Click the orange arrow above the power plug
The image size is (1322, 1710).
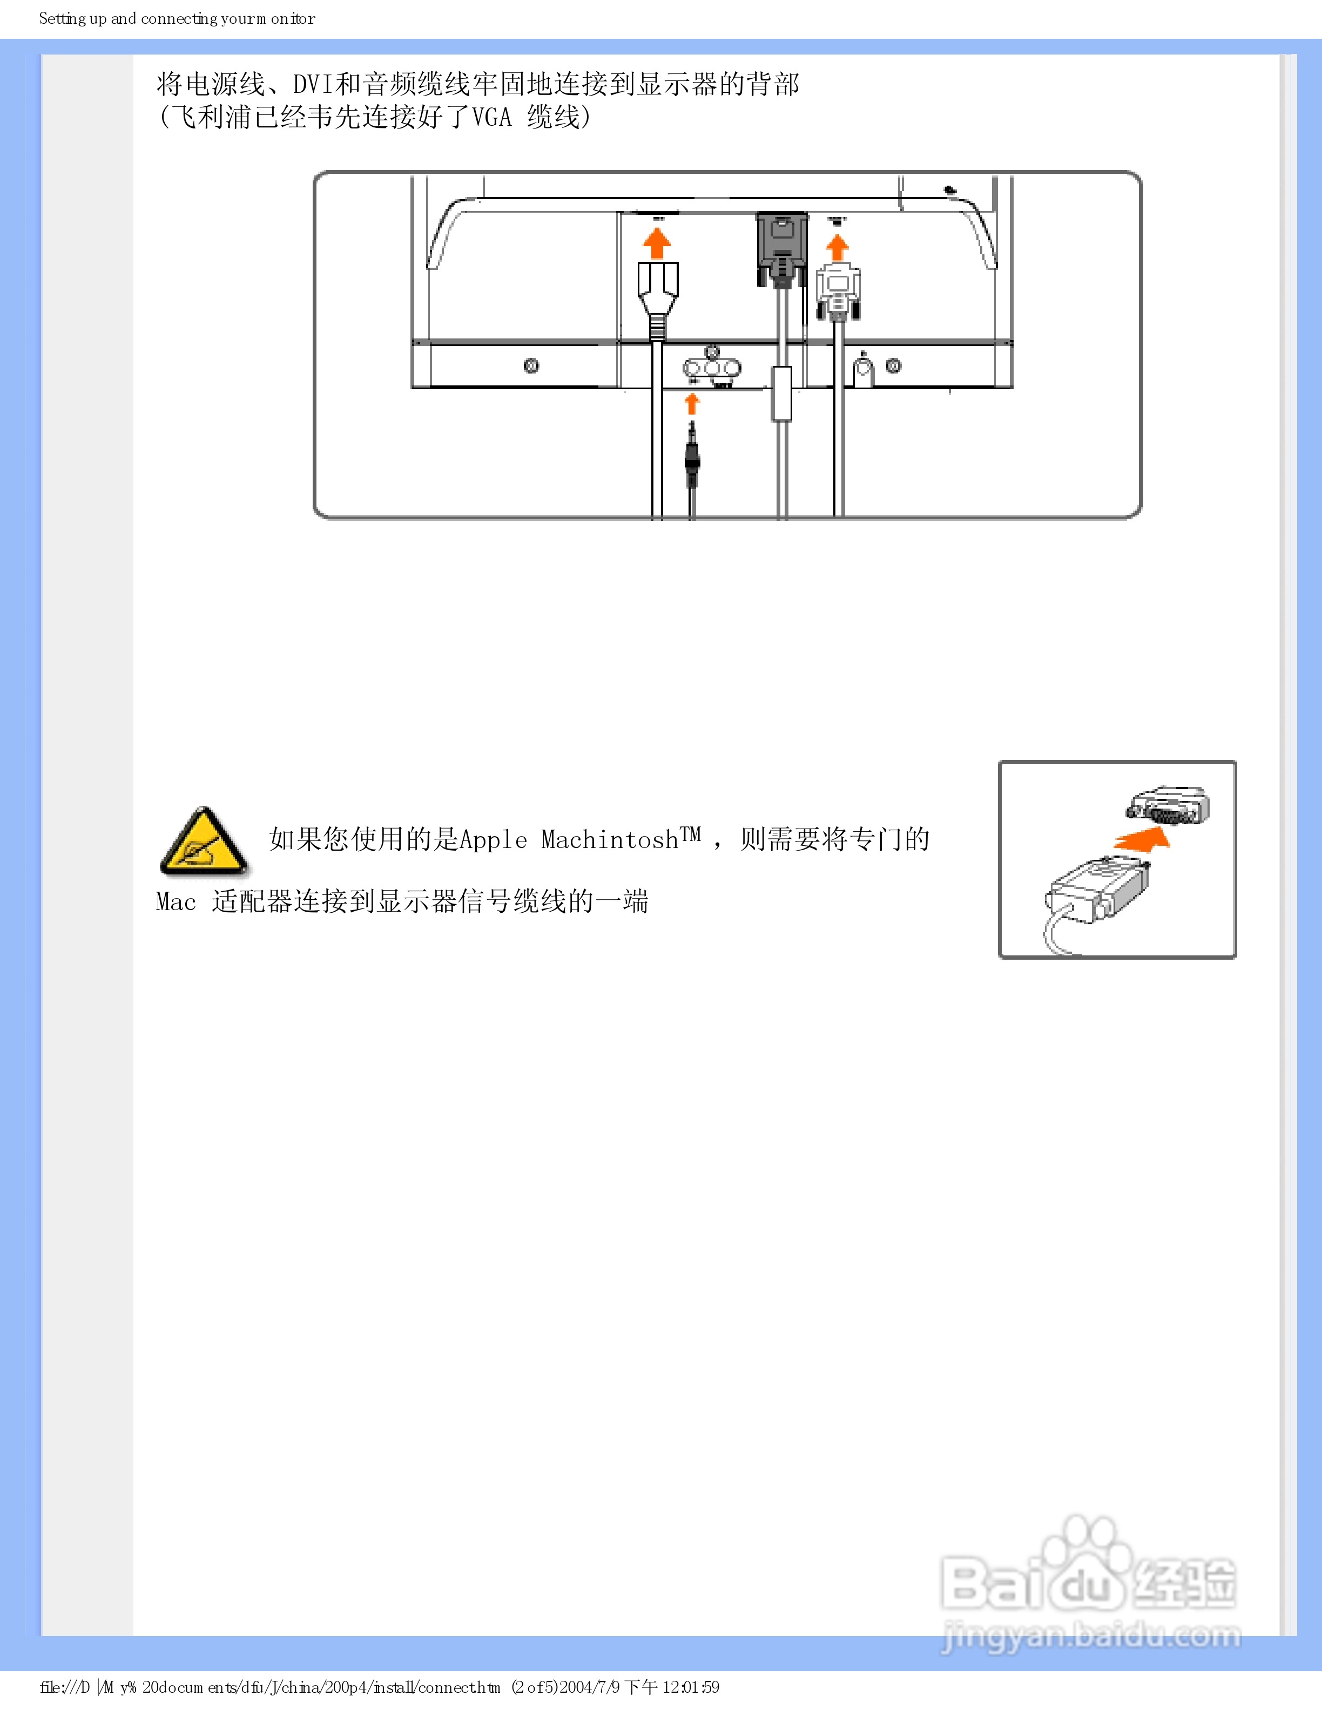[656, 243]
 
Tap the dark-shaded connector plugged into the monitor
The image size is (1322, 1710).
[781, 247]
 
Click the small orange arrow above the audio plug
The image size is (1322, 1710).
[692, 404]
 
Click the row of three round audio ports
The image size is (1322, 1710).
[711, 368]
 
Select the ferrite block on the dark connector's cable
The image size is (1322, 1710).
[781, 393]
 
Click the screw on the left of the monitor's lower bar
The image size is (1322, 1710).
[531, 365]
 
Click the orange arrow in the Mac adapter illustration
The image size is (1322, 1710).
[1143, 839]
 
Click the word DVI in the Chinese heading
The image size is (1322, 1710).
[313, 84]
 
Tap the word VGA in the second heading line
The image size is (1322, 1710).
[492, 118]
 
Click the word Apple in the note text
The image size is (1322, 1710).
[494, 839]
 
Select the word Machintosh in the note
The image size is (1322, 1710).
[610, 839]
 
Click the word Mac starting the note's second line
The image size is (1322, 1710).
[176, 901]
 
